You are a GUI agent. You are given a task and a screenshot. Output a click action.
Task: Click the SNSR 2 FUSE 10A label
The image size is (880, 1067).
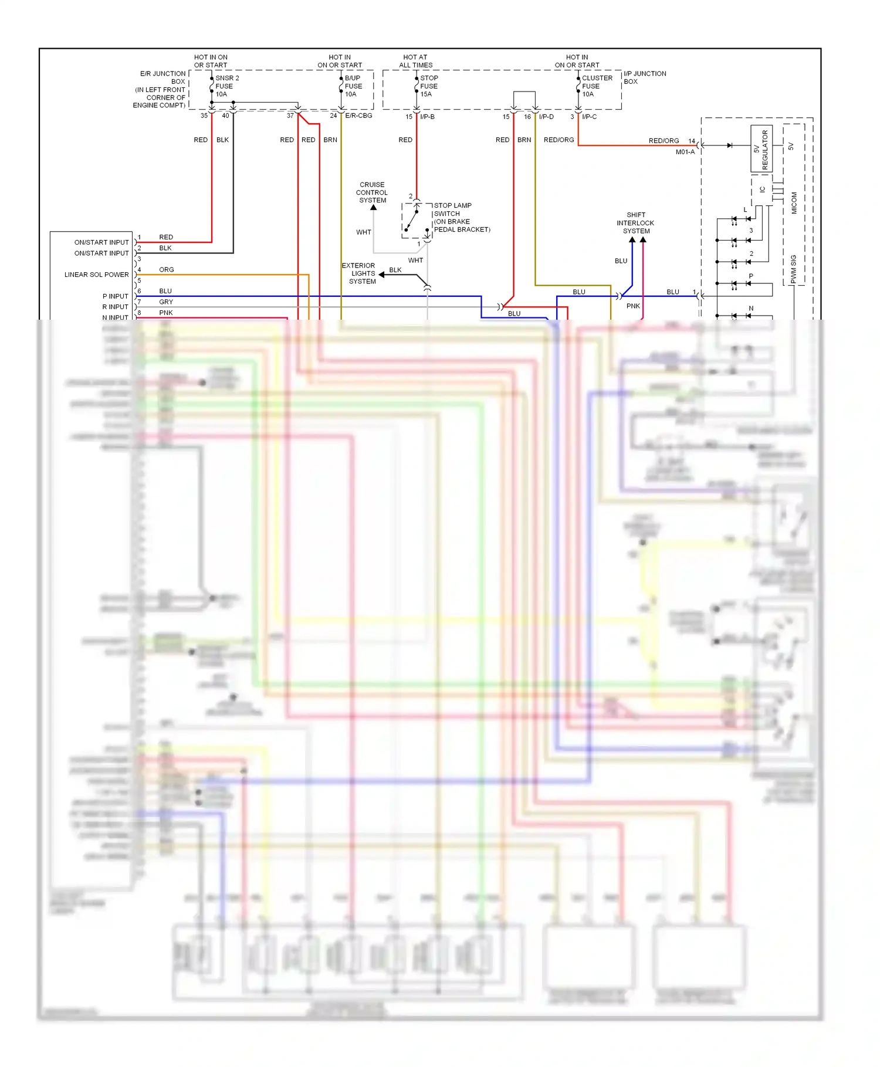click(226, 86)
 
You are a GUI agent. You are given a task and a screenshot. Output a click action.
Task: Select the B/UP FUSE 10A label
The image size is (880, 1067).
click(353, 86)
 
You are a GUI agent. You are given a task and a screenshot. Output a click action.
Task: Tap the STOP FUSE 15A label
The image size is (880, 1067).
click(429, 86)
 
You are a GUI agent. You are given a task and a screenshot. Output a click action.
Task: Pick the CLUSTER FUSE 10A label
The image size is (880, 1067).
click(597, 86)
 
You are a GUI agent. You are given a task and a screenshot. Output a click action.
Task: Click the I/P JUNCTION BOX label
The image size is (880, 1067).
click(644, 77)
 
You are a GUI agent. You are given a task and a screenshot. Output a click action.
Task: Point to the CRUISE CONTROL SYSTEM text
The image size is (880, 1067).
click(372, 192)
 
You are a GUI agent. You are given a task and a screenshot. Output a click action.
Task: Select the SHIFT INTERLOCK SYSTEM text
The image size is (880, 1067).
click(635, 223)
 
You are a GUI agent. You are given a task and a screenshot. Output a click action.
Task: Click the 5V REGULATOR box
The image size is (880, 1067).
click(761, 149)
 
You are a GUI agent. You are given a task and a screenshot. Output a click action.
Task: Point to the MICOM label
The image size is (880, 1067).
click(794, 203)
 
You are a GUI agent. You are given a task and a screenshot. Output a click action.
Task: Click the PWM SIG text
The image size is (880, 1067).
click(794, 269)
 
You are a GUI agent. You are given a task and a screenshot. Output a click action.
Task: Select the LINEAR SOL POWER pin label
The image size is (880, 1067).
click(96, 275)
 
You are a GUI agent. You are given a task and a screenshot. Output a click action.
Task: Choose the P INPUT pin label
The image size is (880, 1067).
click(115, 296)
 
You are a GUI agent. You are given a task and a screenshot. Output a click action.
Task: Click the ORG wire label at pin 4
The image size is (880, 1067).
click(166, 270)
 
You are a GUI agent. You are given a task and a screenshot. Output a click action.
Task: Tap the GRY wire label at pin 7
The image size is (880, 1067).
click(166, 302)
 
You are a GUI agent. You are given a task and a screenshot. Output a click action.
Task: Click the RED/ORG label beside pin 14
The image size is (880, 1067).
click(663, 141)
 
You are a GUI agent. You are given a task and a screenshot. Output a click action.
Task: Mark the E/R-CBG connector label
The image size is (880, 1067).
click(358, 116)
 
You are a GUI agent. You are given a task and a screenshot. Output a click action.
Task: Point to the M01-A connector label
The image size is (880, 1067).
click(685, 152)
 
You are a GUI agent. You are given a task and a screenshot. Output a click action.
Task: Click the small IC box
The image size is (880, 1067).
click(761, 189)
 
